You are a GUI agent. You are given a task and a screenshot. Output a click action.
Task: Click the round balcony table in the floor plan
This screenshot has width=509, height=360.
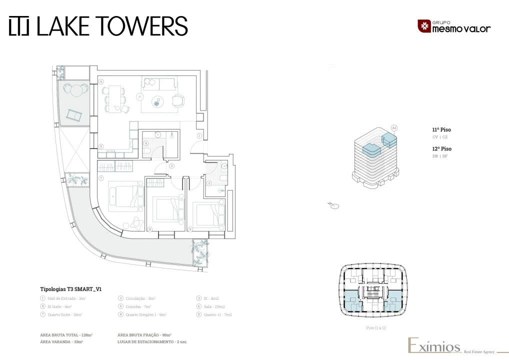pos(75,90)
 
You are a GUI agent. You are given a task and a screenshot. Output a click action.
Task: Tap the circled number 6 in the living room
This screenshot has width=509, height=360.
pos(100,81)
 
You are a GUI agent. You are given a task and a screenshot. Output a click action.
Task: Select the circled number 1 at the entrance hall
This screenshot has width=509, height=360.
pos(199,135)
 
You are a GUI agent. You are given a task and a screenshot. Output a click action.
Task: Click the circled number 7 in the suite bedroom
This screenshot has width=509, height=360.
pos(100,177)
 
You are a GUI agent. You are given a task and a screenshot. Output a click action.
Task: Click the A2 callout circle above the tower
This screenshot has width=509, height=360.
pos(394,128)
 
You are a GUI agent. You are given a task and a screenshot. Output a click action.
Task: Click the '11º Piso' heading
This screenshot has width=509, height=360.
pos(441,129)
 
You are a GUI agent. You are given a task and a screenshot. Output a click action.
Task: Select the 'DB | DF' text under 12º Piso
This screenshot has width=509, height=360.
pos(440,156)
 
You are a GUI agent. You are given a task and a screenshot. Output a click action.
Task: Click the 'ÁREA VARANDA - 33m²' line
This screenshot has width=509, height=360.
pos(61,341)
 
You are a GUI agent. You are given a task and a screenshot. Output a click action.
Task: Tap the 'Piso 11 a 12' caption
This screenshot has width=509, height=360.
pos(375,328)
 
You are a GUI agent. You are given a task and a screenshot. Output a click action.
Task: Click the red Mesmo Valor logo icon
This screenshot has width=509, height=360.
pos(423,26)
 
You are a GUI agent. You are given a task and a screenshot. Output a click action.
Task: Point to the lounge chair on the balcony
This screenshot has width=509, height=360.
pos(73,116)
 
